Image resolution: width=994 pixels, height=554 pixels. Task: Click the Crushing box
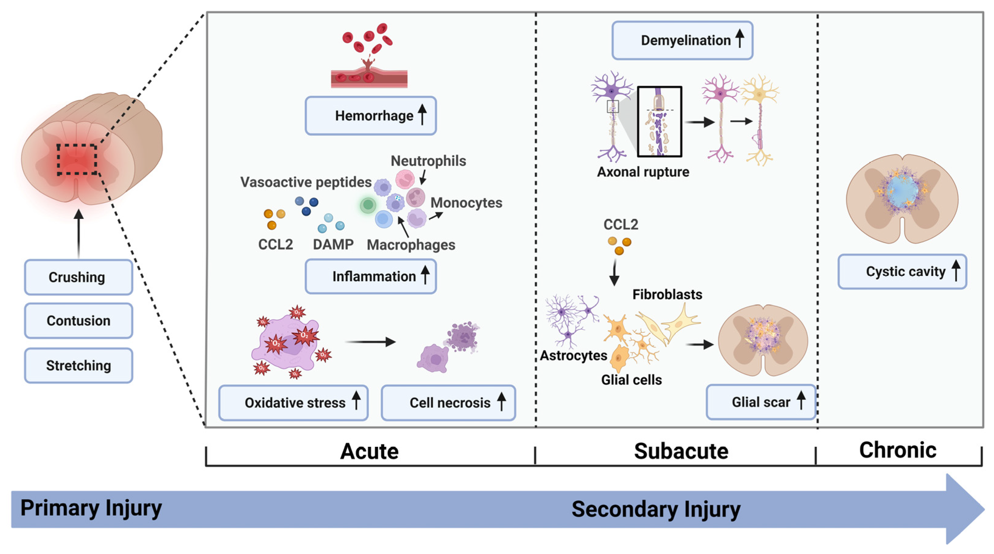click(78, 277)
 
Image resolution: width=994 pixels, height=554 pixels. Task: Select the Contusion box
click(78, 320)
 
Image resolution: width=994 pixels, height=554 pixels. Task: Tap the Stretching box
click(78, 365)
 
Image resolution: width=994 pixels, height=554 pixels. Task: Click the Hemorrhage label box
click(371, 115)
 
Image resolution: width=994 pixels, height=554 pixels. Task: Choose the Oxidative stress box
click(293, 403)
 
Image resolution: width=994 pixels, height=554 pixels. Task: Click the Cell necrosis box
click(448, 403)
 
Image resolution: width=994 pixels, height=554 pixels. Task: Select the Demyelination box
click(682, 40)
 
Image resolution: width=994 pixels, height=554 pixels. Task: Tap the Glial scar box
click(760, 402)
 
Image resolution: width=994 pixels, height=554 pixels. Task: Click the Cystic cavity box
click(902, 271)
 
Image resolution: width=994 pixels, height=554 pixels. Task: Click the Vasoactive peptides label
click(306, 182)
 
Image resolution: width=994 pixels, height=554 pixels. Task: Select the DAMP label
click(333, 244)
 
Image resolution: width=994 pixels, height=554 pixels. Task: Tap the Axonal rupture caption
click(643, 172)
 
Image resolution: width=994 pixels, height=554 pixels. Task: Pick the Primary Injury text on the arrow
click(91, 508)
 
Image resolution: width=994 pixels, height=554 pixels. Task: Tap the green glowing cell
click(368, 205)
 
